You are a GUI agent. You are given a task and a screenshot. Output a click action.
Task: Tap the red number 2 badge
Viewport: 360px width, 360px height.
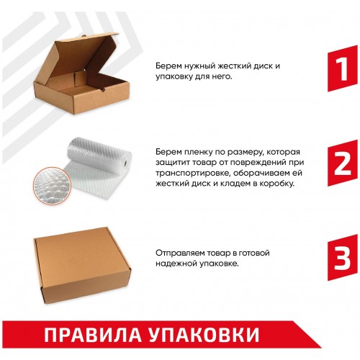tap(343, 163)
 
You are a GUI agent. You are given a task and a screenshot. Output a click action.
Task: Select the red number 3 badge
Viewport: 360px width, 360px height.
tap(343, 258)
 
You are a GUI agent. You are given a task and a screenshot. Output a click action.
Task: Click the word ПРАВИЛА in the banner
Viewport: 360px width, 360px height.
tap(93, 334)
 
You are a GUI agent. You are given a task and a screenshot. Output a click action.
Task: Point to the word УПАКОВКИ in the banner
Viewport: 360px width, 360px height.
tap(204, 334)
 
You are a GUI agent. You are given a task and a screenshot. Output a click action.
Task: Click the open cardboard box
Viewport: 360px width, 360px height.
tap(81, 74)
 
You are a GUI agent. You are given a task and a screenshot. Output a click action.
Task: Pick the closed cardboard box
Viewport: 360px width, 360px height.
tap(82, 265)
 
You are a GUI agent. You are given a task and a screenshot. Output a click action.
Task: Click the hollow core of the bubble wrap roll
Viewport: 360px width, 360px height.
tap(126, 163)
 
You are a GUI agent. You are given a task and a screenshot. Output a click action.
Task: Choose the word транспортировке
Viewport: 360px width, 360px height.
tap(193, 174)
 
